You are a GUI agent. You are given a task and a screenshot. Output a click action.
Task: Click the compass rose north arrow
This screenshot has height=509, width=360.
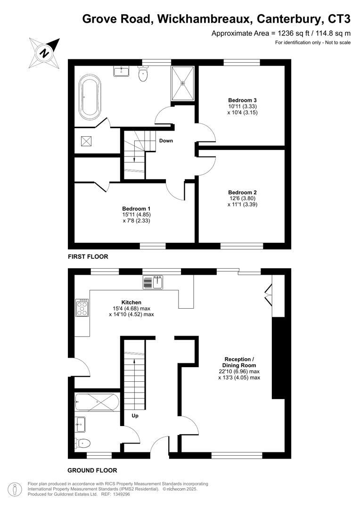pos(44,52)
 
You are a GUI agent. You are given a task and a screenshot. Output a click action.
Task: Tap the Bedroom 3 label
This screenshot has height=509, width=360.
pos(242,100)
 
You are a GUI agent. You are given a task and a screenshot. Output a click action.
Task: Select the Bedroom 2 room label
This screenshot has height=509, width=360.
pos(242,192)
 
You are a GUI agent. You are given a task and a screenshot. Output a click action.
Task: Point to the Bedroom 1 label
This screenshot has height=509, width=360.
pos(136,209)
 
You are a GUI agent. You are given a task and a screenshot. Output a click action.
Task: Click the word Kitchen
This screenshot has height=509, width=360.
pos(131,302)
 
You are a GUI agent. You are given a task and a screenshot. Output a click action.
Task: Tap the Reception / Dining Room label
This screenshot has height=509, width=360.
pos(239,362)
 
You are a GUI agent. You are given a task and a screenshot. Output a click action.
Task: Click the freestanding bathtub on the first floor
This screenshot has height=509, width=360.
pos(89,99)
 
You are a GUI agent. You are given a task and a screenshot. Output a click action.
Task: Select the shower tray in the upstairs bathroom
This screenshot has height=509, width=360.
pos(182,83)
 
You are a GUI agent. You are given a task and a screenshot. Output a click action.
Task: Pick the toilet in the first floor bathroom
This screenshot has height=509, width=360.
pos(143,74)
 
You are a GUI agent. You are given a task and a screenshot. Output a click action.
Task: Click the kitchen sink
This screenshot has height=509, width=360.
pos(153,283)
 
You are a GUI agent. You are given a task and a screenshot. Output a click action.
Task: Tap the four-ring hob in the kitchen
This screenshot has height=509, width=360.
pos(82,307)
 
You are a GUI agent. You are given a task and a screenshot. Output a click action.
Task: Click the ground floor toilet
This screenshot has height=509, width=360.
pos(82,443)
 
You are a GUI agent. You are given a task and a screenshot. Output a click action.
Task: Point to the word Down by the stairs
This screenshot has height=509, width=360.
pos(166,141)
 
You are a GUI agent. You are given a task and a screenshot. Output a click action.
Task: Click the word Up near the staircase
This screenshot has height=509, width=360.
pos(135,416)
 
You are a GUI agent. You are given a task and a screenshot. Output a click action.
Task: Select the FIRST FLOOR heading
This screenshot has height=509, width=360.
pos(88,257)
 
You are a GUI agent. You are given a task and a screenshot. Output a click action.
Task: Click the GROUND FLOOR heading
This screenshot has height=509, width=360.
pos(92,470)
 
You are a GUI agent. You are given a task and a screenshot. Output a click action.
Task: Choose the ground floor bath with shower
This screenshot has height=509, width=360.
pos(96,403)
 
